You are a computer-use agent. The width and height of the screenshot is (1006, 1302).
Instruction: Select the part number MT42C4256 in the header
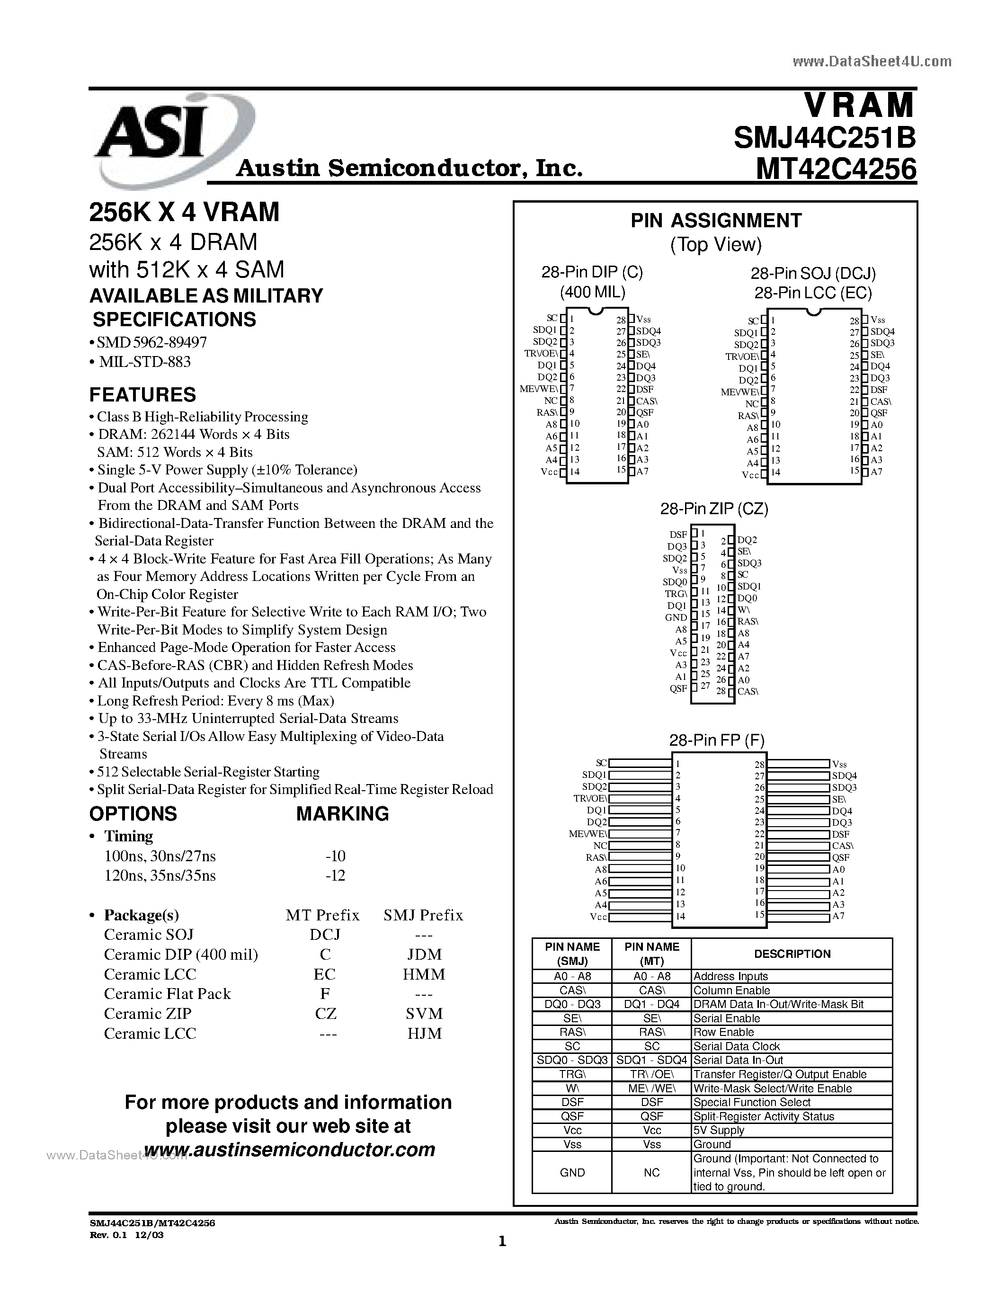[x=836, y=169]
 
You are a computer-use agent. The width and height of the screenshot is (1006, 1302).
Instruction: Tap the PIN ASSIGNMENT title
[x=716, y=221]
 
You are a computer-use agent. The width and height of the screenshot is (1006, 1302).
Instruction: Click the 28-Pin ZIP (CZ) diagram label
[x=714, y=508]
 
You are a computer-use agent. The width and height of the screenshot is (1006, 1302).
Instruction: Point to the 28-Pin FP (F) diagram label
[x=716, y=740]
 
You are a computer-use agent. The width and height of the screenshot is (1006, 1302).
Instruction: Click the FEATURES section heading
[x=142, y=395]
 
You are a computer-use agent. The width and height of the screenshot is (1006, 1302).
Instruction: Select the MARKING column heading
[x=342, y=814]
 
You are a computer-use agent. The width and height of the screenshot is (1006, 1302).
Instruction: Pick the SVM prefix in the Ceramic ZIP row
[x=424, y=1014]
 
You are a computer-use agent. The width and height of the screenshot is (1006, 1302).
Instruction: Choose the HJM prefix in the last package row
[x=424, y=1033]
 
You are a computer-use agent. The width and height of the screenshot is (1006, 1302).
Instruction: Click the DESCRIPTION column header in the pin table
[x=792, y=954]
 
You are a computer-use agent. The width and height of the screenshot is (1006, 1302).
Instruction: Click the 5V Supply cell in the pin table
[x=718, y=1130]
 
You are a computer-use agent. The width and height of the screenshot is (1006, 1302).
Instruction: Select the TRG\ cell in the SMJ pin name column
[x=572, y=1074]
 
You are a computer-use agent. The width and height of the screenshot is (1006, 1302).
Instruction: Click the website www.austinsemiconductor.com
[x=290, y=1150]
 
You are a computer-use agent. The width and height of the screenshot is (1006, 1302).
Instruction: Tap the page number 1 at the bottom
[x=502, y=1242]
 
